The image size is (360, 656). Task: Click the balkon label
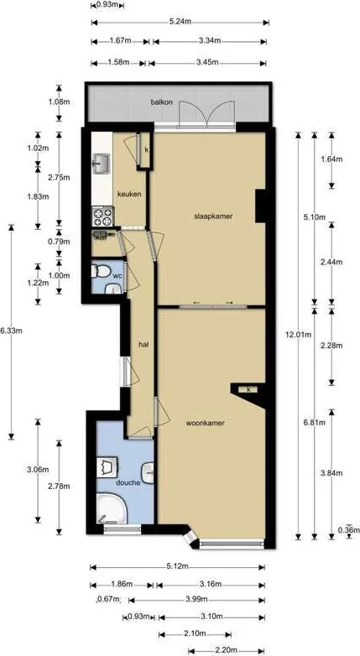(161, 102)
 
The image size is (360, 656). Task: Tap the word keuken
(129, 194)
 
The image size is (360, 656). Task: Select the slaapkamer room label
(211, 216)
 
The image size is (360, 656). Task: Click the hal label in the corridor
(143, 344)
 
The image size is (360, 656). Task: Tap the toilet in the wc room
(100, 273)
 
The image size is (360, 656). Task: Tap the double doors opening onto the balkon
(207, 112)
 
